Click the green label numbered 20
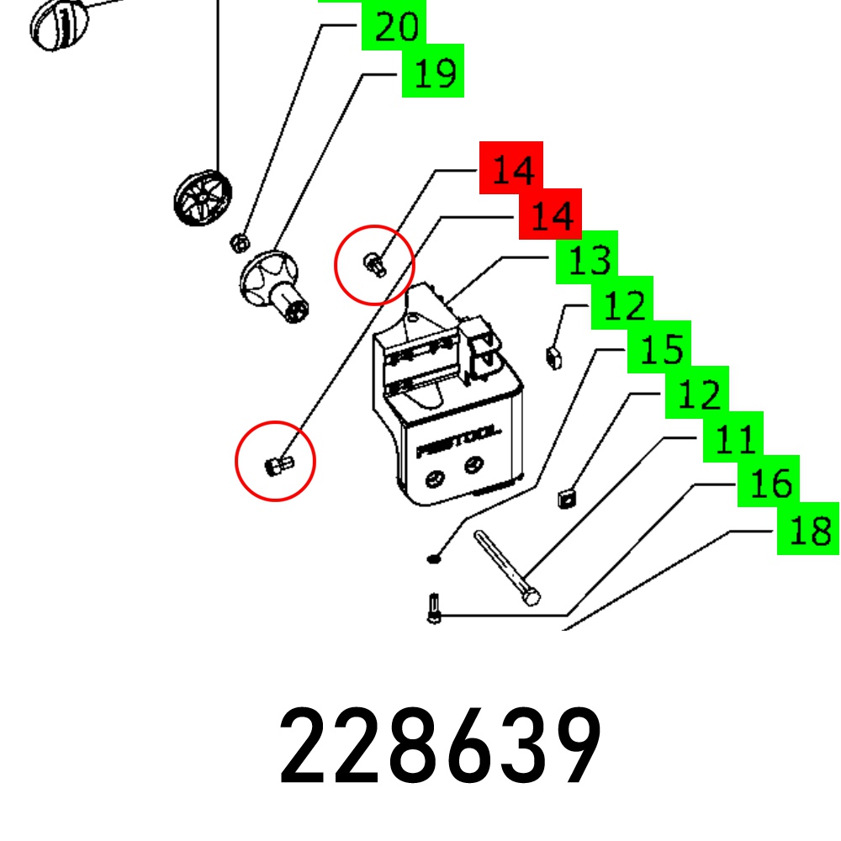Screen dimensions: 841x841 tap(394, 25)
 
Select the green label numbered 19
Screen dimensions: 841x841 tap(433, 71)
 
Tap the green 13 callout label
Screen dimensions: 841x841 tap(587, 258)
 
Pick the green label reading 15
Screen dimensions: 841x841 tap(659, 347)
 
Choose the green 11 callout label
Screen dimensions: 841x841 tap(733, 436)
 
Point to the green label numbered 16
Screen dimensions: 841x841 tap(769, 481)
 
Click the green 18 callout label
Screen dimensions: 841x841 tap(808, 529)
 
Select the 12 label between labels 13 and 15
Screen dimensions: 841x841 tap(622, 303)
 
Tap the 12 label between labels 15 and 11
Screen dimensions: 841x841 tap(696, 392)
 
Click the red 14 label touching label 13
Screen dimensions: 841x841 tap(550, 214)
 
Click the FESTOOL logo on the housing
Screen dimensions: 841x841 tap(458, 442)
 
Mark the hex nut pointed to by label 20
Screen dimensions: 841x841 tap(239, 243)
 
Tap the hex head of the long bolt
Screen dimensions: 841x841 tap(531, 596)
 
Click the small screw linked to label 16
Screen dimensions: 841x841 tap(434, 608)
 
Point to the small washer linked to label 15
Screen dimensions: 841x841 tap(434, 559)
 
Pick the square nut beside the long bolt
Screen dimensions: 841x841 tap(567, 498)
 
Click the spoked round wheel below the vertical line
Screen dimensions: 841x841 tap(203, 198)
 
